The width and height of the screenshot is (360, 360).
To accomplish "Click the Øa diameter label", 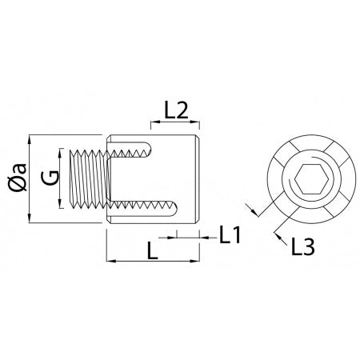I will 16,178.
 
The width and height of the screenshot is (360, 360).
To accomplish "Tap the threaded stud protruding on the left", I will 90,178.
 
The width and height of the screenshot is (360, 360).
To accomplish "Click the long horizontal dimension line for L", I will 152,262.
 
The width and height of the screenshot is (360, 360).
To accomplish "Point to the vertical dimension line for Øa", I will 30,178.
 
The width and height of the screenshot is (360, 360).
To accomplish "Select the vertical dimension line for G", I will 60,178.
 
